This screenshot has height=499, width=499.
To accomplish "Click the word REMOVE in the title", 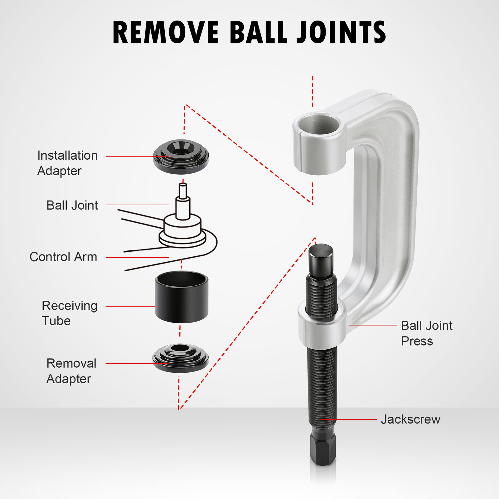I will coord(166,32).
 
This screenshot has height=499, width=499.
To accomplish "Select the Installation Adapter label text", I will coord(67,163).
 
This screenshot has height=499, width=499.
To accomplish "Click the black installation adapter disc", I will coord(181,157).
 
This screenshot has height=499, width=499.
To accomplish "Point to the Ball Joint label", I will coord(72,205).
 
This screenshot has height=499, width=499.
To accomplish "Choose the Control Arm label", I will coord(63,257).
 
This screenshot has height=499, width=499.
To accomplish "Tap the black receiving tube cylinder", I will coord(182,298).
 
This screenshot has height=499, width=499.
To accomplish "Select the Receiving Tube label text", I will coord(69,313).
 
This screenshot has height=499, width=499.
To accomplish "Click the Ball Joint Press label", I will coord(426,333).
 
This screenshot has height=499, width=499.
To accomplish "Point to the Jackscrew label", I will coord(410,419).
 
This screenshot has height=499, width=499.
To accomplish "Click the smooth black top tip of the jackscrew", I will coord(321,259).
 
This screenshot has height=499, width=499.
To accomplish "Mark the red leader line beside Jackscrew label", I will coord(349,419).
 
